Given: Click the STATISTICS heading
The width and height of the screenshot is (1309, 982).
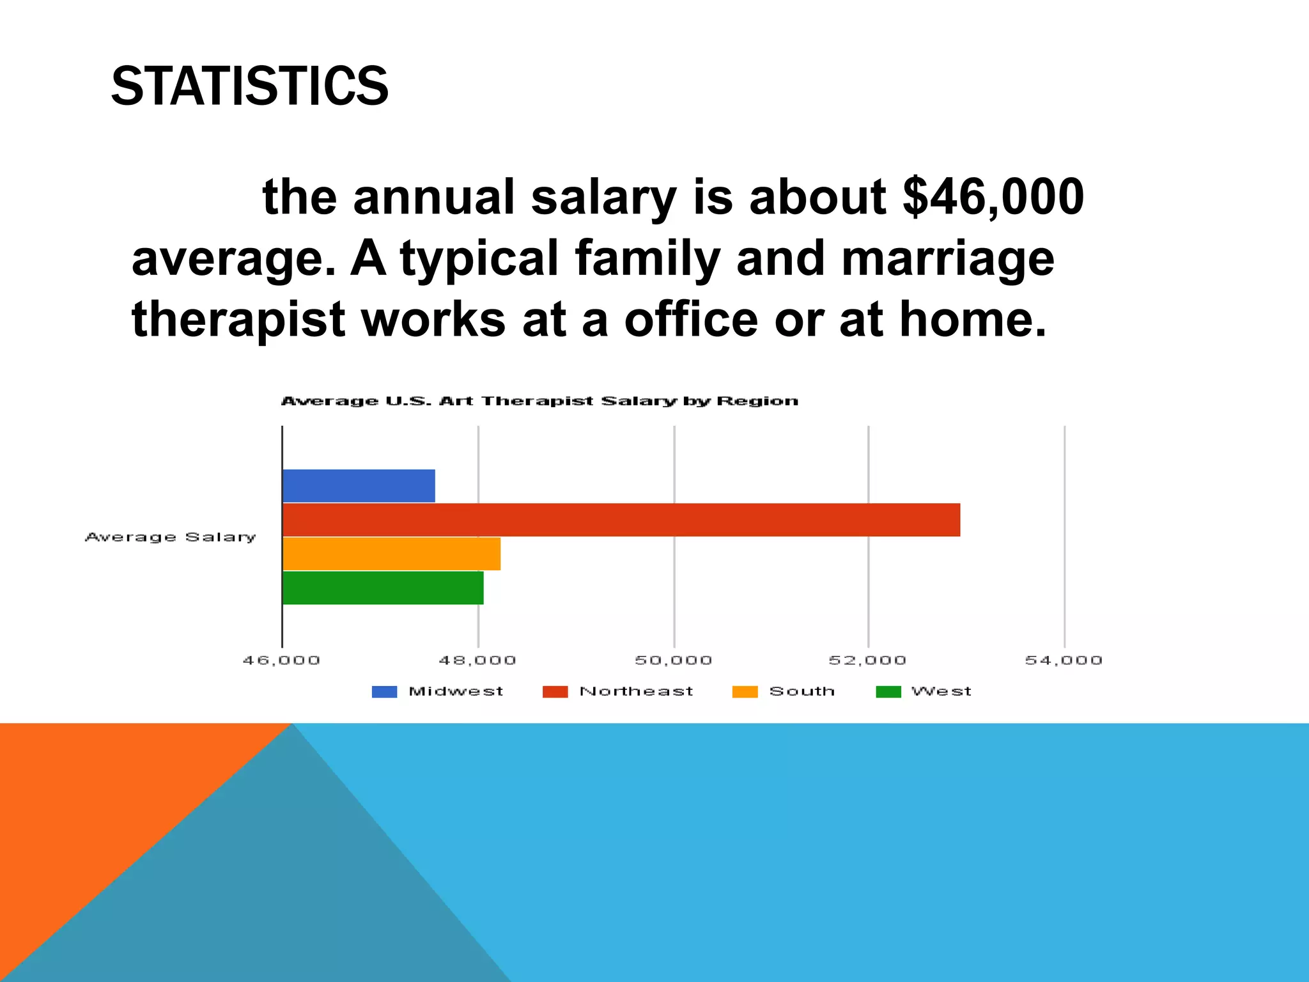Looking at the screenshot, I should [249, 86].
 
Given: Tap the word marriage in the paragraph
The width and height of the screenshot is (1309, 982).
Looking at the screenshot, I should [947, 259].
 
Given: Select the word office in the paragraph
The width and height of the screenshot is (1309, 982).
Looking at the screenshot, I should [690, 320].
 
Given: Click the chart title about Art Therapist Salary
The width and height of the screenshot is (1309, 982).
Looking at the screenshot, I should [539, 401].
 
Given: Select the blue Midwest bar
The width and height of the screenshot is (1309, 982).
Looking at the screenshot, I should [359, 486].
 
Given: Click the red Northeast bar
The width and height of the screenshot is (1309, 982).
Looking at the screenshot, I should [621, 520].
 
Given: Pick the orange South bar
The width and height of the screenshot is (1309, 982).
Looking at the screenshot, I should [391, 554].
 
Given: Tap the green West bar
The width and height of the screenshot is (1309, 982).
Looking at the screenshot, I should [383, 588].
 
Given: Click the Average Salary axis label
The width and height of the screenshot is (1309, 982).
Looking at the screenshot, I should [171, 537].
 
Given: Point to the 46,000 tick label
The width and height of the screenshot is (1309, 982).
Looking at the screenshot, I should [281, 660].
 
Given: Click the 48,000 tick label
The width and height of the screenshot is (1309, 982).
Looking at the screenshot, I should [477, 660].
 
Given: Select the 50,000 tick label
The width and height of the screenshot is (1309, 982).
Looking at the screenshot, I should [673, 660].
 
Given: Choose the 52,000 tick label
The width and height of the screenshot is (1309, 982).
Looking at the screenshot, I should [867, 660].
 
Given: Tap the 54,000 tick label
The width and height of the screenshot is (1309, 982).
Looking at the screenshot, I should [1064, 660].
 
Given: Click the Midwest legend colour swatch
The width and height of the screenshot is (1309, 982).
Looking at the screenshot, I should [384, 692].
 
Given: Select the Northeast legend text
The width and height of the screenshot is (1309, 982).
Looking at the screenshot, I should [636, 691].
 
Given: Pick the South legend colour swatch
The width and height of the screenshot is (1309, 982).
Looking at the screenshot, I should [745, 692].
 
